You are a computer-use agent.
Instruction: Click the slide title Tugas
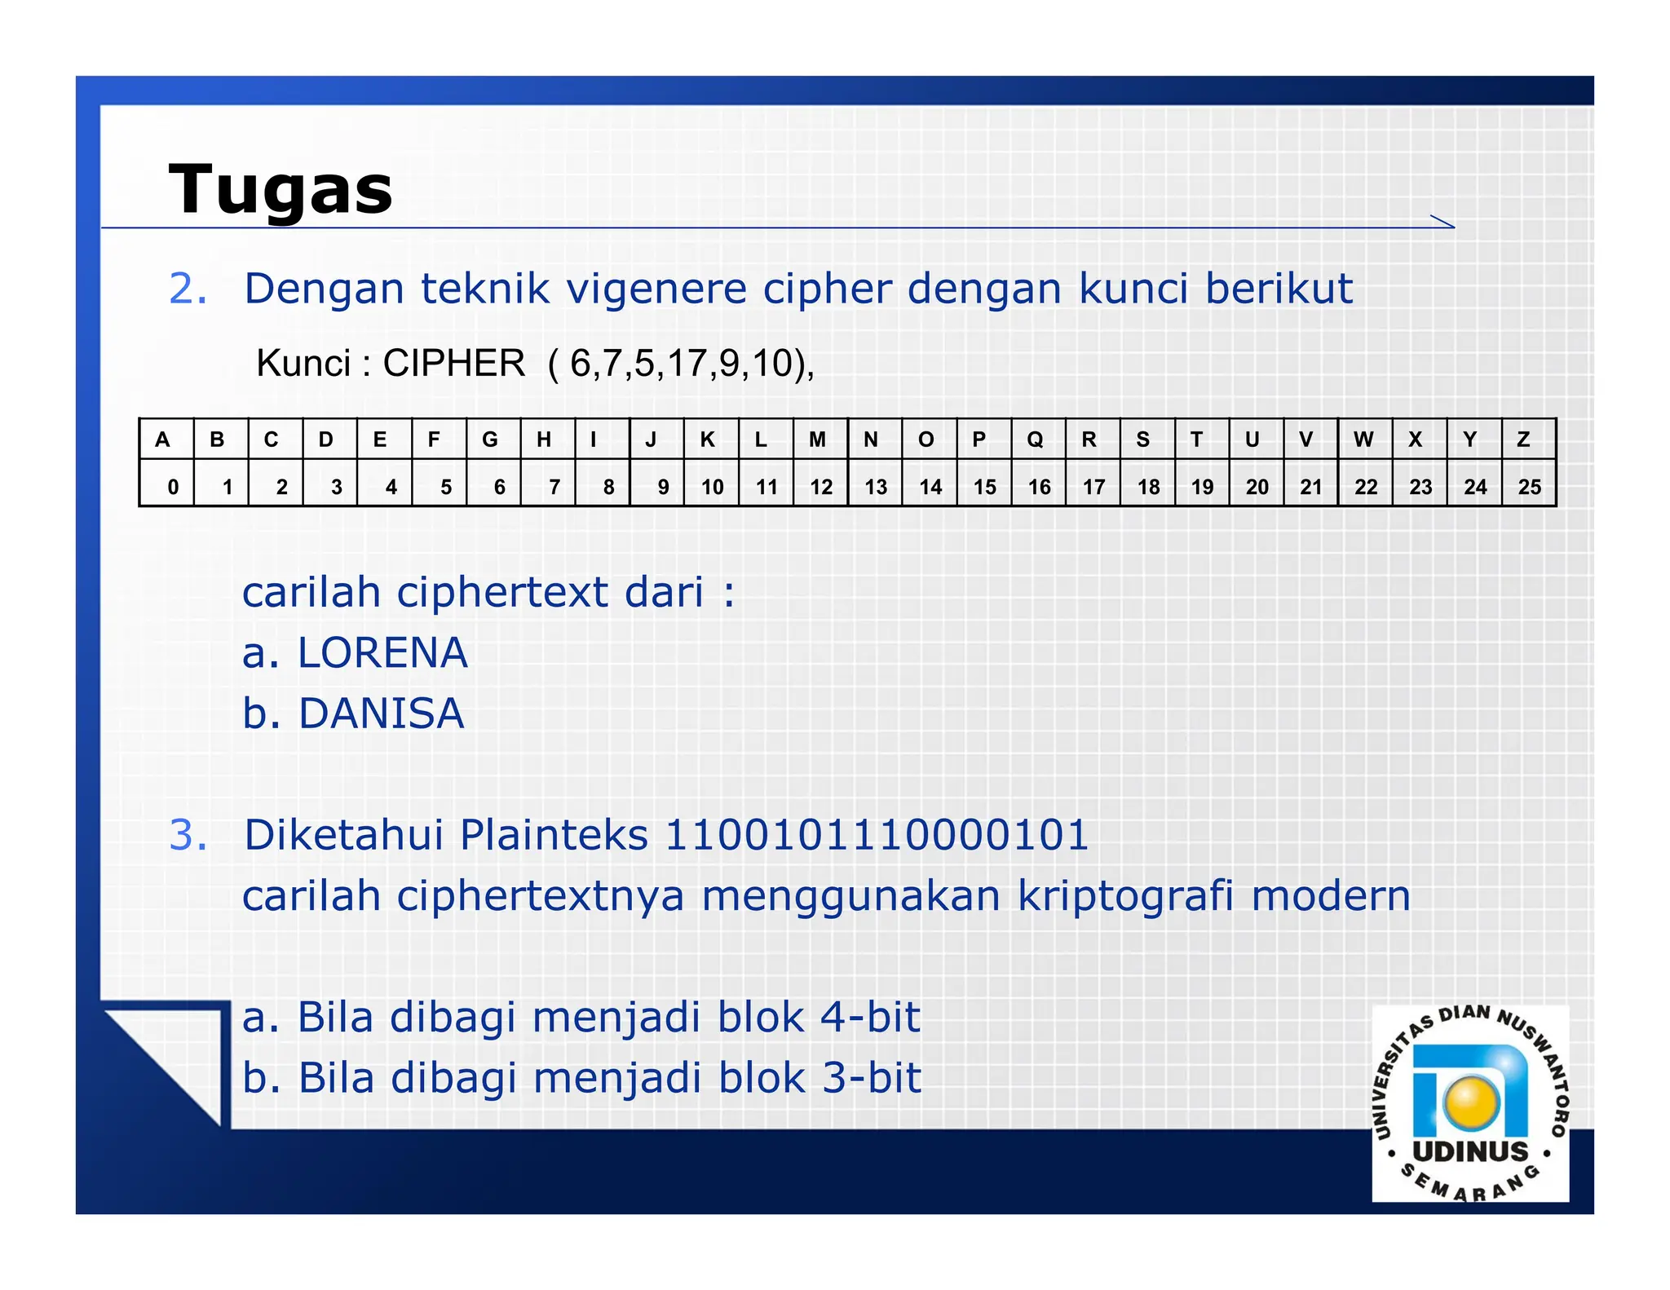coord(281,190)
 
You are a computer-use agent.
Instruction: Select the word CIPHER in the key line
coord(453,364)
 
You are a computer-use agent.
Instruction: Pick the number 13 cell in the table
coord(875,487)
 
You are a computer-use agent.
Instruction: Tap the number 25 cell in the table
coord(1529,487)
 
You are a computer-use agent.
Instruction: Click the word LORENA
coord(382,653)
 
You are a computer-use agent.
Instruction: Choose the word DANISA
coord(381,714)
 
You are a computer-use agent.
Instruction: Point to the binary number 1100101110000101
coord(877,835)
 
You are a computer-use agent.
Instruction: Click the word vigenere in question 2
coord(656,289)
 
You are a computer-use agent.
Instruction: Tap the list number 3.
coord(188,835)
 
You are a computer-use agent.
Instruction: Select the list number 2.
coord(188,289)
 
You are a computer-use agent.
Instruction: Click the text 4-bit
coord(869,1018)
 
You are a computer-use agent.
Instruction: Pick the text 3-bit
coord(871,1078)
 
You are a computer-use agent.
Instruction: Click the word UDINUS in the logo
coord(1470,1151)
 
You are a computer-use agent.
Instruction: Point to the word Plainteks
coord(554,835)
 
